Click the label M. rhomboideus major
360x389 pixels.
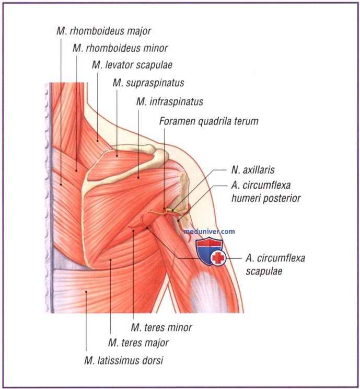[103, 31]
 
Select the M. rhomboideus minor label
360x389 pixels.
[120, 48]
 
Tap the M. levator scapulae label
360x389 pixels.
[132, 65]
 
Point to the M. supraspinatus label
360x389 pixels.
[148, 83]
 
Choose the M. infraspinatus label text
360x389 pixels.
[170, 102]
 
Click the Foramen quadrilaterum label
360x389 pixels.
[208, 121]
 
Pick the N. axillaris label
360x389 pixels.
[253, 170]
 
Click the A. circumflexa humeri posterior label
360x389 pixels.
[266, 191]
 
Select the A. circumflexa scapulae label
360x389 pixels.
[275, 265]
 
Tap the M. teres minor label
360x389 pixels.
[161, 328]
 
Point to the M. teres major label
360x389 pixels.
[138, 343]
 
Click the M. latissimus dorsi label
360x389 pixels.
[124, 360]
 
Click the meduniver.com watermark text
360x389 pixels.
[209, 232]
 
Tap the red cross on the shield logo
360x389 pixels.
[218, 258]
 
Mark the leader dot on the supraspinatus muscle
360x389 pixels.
[117, 156]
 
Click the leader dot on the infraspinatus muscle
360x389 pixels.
[138, 177]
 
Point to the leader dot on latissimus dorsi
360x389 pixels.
[86, 292]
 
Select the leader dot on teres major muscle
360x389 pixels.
[111, 260]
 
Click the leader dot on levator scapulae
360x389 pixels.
[97, 141]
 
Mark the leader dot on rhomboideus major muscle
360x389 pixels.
[61, 184]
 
